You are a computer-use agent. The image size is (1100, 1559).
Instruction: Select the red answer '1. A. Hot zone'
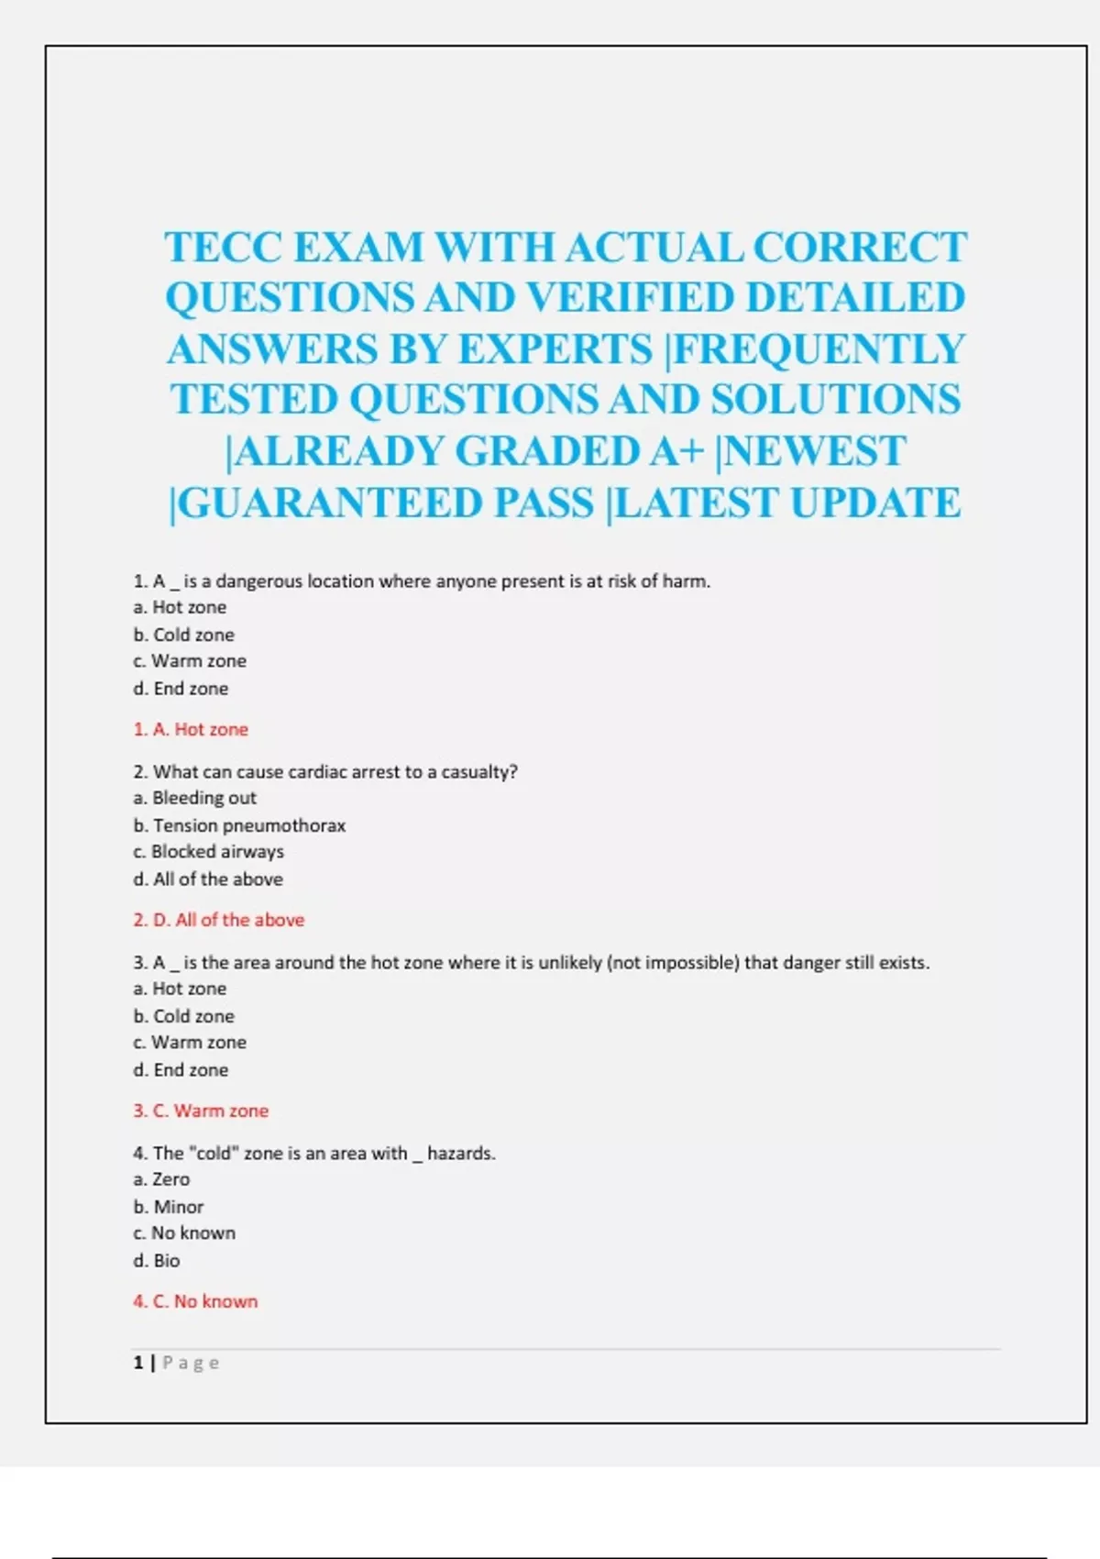(191, 730)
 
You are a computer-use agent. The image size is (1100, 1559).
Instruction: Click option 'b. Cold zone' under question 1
(183, 635)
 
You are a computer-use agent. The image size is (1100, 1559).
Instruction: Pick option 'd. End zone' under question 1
(181, 689)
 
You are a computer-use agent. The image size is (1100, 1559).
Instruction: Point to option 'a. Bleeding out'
(194, 798)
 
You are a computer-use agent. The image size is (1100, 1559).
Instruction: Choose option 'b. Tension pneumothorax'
(239, 825)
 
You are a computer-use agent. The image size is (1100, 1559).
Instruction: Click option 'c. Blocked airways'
(208, 852)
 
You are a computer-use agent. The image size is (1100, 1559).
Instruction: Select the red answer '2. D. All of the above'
(218, 920)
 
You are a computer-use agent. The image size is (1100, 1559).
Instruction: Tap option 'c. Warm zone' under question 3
(190, 1043)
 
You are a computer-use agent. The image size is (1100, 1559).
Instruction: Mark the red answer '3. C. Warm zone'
(201, 1111)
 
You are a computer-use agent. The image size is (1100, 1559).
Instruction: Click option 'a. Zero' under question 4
(161, 1179)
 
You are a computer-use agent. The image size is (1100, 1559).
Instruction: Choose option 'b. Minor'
(168, 1207)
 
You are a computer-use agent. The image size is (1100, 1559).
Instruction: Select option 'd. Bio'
(157, 1261)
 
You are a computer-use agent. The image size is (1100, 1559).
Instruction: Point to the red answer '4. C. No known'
(195, 1301)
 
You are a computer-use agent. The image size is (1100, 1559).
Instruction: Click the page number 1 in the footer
(138, 1363)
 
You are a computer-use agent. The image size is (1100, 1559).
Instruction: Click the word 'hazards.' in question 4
(461, 1154)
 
